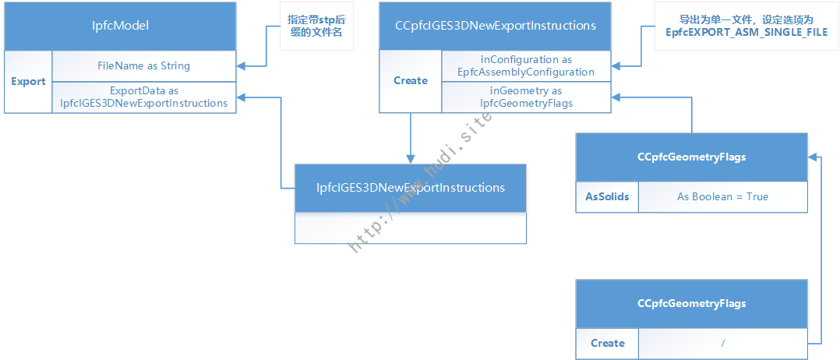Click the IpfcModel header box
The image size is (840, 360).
click(x=120, y=26)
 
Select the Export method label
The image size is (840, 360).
click(x=28, y=82)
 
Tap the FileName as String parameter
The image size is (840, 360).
click(x=143, y=66)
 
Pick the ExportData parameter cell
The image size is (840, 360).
click(x=143, y=97)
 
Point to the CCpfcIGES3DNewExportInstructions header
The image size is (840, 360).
click(x=495, y=26)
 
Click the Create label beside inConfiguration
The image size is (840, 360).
click(x=411, y=81)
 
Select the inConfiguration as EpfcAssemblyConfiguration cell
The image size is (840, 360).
click(x=526, y=66)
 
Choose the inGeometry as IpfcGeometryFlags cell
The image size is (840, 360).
click(x=526, y=97)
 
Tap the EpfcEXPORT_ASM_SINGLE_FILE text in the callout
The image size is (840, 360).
click(x=746, y=32)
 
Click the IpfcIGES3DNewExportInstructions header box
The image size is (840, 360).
click(x=411, y=188)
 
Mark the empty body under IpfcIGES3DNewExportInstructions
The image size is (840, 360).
click(x=411, y=228)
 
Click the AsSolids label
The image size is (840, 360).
click(x=607, y=196)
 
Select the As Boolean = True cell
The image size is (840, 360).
click(x=722, y=196)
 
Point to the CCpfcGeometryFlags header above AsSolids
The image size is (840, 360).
click(x=692, y=157)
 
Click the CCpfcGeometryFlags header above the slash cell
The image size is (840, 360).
click(x=692, y=304)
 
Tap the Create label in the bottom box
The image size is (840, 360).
click(x=608, y=343)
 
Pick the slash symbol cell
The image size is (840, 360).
click(x=722, y=343)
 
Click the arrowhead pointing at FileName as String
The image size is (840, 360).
click(x=241, y=66)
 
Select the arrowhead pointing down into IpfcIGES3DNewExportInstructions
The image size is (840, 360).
click(x=411, y=159)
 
